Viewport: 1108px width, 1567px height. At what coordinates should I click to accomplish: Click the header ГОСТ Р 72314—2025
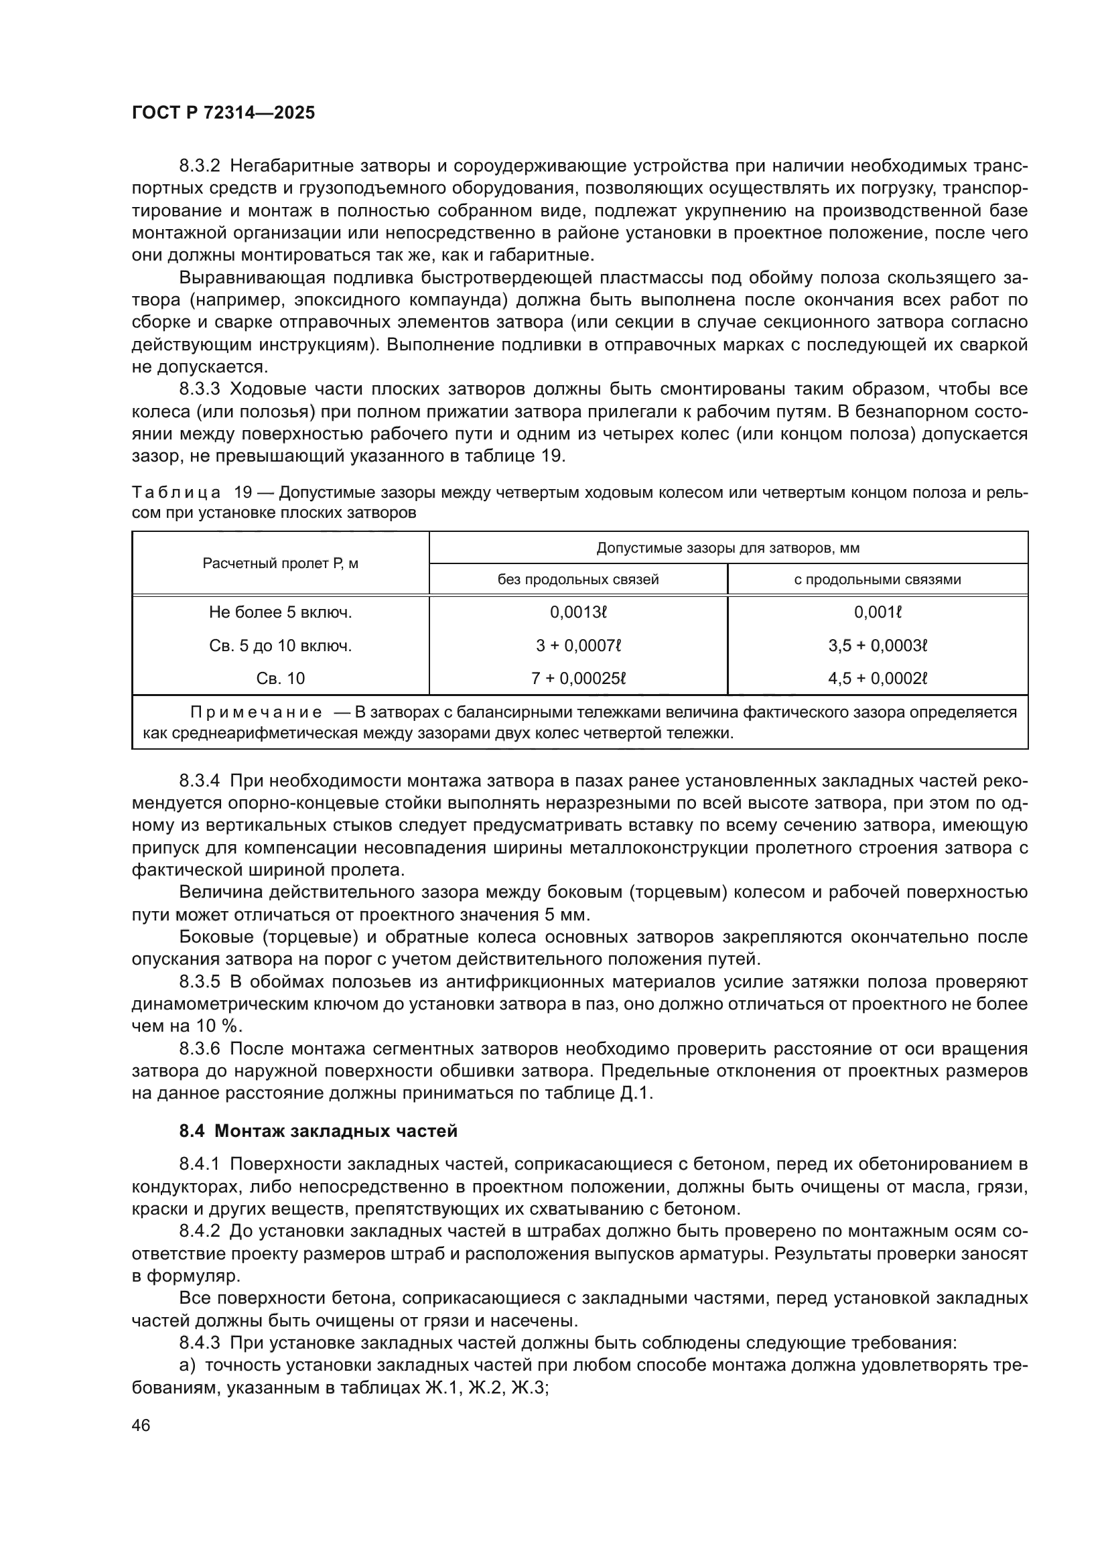click(x=223, y=113)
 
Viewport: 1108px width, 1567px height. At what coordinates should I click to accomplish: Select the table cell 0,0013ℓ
click(x=578, y=613)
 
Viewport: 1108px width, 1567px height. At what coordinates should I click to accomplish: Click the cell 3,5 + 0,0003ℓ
click(x=878, y=646)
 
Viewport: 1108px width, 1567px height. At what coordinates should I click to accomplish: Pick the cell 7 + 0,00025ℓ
click(x=578, y=679)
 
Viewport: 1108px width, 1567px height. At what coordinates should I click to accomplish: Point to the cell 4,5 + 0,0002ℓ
click(x=878, y=679)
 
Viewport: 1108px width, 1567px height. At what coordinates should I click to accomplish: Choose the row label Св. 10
click(x=281, y=679)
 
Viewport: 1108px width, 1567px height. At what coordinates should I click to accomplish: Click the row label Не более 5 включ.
click(x=281, y=613)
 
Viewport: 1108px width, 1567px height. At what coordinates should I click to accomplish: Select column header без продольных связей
click(x=578, y=580)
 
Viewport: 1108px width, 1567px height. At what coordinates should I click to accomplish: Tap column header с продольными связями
click(x=878, y=580)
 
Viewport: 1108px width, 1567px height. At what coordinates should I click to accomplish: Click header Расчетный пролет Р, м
click(x=281, y=563)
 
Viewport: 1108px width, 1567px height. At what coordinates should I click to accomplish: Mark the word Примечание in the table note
click(x=256, y=713)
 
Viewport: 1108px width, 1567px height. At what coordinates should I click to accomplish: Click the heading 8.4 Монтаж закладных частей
click(x=318, y=1131)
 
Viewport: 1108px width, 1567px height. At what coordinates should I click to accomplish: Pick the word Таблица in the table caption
click(x=176, y=493)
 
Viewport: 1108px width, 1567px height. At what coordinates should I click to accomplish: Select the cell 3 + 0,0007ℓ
click(x=578, y=646)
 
